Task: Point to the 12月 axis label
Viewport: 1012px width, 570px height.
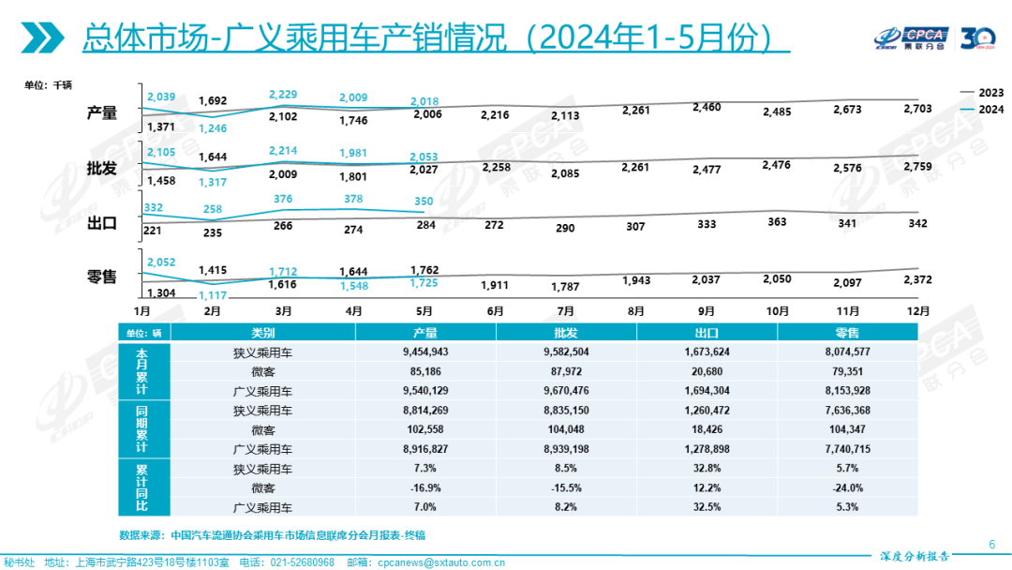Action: tap(919, 310)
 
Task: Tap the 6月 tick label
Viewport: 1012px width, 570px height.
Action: tap(495, 310)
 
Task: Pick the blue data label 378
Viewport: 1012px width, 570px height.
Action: tap(354, 199)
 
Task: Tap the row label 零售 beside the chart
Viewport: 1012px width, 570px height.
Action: tap(101, 277)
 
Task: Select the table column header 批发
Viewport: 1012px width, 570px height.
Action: tap(566, 333)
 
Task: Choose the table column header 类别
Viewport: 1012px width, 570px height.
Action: tap(263, 333)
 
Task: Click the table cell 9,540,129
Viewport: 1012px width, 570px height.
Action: tap(425, 391)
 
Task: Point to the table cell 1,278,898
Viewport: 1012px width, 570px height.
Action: tap(707, 449)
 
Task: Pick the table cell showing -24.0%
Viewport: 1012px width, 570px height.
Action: tap(847, 487)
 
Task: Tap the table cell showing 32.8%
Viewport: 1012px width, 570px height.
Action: tap(707, 469)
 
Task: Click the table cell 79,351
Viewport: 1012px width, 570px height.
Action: tap(847, 371)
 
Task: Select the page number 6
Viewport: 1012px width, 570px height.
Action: tap(991, 544)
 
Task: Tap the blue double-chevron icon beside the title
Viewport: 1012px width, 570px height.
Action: tap(42, 37)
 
